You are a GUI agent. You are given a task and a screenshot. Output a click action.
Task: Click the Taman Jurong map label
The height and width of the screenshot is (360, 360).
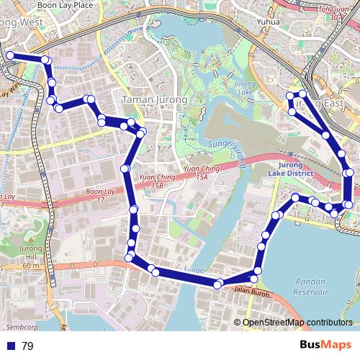(x=155, y=100)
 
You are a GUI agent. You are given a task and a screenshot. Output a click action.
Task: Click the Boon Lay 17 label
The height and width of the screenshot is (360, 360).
(x=101, y=196)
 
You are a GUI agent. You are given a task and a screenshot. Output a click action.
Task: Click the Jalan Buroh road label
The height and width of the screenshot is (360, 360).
(x=251, y=293)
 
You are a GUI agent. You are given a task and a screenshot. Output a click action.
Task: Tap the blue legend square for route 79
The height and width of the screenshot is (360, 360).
(x=11, y=346)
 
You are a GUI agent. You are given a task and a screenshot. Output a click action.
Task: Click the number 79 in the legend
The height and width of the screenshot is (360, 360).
(x=27, y=346)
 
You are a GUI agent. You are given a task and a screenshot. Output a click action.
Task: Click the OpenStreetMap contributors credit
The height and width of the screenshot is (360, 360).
(x=299, y=323)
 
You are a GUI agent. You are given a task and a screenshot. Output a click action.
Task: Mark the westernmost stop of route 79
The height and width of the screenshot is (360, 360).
(x=10, y=55)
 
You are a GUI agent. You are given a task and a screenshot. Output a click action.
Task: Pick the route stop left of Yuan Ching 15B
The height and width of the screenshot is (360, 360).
(x=126, y=168)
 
